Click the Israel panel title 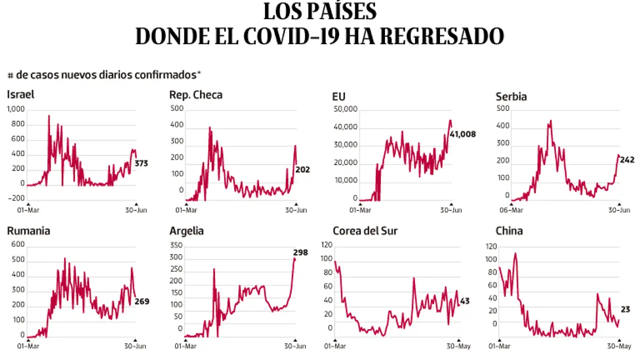21,95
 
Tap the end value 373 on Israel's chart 141,163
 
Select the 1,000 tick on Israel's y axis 15,109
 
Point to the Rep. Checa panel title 196,95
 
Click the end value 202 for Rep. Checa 302,170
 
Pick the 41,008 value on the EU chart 462,134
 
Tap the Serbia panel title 511,97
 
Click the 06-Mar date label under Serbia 510,210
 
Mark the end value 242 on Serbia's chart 627,159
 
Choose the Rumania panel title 29,231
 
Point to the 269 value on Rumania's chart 142,301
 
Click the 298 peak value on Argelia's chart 301,252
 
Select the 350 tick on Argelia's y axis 176,246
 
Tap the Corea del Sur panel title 365,231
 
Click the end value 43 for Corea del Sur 465,301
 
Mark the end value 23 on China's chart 626,309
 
